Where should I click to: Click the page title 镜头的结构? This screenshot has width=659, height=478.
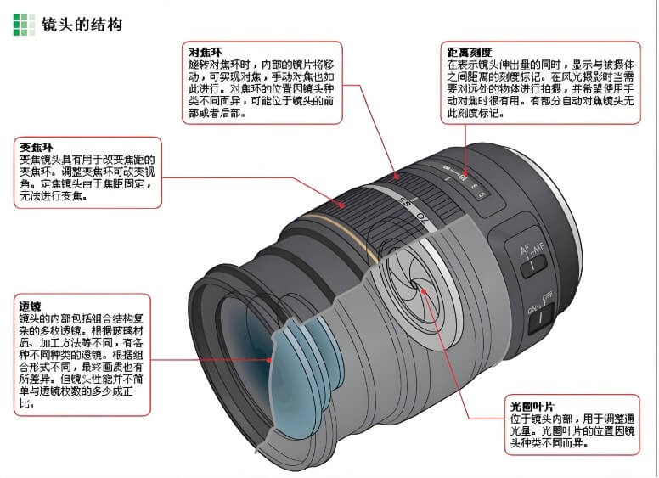[82, 25]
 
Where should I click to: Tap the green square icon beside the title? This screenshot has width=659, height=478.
[24, 25]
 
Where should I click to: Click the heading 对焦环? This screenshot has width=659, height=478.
[206, 52]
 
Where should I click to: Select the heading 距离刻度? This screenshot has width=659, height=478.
[469, 52]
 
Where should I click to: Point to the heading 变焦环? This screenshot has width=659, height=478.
[37, 148]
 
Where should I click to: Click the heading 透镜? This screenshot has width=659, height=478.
[31, 306]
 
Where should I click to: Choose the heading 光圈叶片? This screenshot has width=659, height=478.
[532, 406]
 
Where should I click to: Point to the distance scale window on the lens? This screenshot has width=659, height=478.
[466, 182]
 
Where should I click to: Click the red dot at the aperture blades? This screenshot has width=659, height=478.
[424, 290]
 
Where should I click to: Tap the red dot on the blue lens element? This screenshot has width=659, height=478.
[269, 360]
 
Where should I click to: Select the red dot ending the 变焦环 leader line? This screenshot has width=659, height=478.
[342, 205]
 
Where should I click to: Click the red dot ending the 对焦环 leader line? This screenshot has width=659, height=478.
[397, 177]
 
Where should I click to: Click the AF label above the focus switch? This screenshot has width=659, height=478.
[526, 250]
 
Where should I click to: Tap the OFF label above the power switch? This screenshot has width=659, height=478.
[547, 297]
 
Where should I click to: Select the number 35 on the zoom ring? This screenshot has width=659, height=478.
[405, 202]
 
